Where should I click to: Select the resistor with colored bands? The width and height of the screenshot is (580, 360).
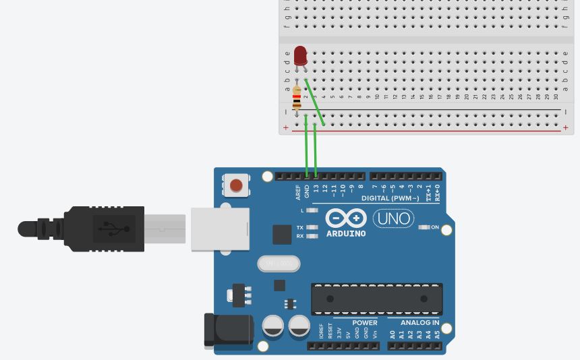coord(297,100)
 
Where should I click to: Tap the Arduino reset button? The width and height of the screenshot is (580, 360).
coord(236,185)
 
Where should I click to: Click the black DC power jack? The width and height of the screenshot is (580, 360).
coord(228,332)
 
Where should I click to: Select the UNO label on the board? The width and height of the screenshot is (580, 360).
coord(394,218)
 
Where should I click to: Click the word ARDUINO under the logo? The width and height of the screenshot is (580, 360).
coord(346,234)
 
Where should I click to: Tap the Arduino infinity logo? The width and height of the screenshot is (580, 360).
coord(346,218)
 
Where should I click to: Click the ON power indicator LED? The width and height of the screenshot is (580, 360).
coord(424,227)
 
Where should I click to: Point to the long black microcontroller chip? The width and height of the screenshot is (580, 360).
coord(376,299)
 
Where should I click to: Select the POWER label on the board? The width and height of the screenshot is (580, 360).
coord(364,323)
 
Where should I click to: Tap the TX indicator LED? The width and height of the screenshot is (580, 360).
coord(312,227)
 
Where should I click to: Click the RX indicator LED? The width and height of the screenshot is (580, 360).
coord(312,236)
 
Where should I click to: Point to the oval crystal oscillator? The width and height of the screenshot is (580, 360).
coord(279,264)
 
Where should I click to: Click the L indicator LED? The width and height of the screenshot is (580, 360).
coord(312,210)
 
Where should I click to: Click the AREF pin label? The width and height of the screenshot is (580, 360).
coord(298,193)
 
